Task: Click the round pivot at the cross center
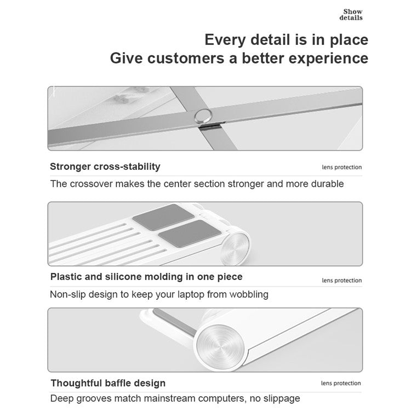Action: (204, 116)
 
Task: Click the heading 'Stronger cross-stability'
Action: (105, 167)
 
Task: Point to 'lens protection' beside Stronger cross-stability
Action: (341, 168)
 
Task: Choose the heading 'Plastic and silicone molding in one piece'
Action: (146, 277)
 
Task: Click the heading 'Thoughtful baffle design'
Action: (108, 383)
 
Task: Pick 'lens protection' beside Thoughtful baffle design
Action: (341, 384)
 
